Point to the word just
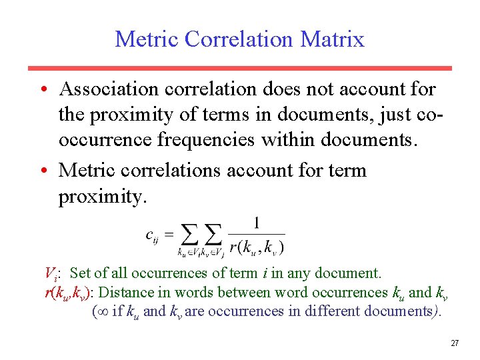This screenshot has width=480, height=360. tap(384, 114)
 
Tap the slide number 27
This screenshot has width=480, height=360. tap(455, 343)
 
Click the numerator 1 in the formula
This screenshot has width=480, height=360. tap(257, 223)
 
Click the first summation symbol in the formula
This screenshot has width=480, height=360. tap(191, 234)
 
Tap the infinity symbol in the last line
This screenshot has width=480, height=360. tap(101, 311)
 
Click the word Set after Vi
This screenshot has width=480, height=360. tap(80, 273)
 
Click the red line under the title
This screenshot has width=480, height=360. tap(239, 68)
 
